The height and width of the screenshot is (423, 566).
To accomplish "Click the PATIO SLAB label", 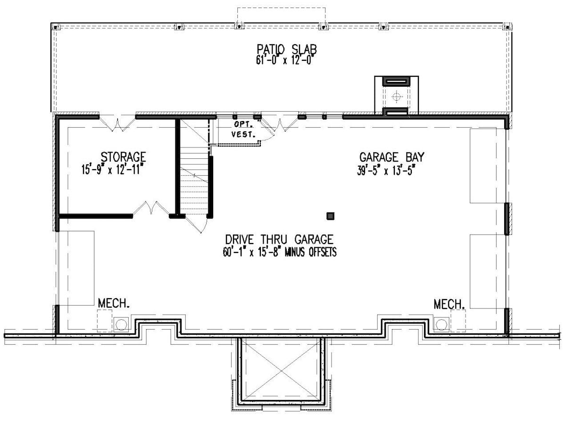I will (286, 49).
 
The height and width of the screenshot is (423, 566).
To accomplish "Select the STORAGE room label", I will (123, 156).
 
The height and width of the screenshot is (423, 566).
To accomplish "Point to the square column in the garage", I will (331, 216).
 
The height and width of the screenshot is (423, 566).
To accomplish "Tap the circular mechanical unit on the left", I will (121, 324).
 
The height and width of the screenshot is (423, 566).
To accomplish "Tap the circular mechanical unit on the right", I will (441, 324).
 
